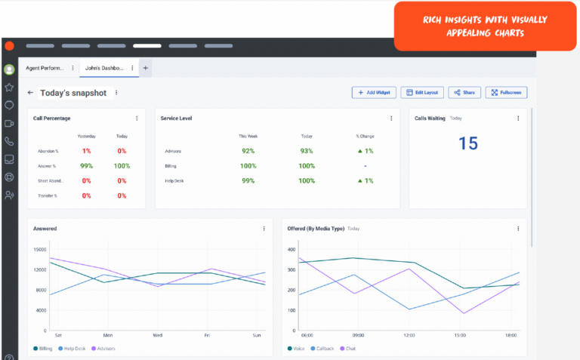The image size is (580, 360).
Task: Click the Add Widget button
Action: (x=374, y=92)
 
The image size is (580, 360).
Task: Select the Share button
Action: (x=464, y=92)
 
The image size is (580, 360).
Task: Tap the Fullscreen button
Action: (x=506, y=92)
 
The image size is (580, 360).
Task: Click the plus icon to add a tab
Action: (x=146, y=68)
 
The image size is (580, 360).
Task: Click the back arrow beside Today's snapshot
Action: (x=30, y=93)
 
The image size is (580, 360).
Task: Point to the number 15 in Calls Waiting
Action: (x=468, y=143)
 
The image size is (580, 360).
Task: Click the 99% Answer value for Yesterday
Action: (x=86, y=166)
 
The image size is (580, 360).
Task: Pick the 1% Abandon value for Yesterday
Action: (x=86, y=151)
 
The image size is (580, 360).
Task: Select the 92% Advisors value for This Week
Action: (x=248, y=151)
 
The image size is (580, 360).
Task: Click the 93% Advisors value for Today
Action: (x=307, y=151)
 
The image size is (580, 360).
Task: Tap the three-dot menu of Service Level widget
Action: (x=391, y=118)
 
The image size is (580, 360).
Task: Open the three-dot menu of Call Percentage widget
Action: (x=137, y=118)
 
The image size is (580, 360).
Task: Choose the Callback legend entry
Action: (x=323, y=349)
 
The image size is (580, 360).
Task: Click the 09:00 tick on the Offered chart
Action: (x=358, y=334)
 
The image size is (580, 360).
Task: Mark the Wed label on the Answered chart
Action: (x=157, y=334)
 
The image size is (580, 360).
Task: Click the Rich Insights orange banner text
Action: (x=474, y=26)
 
